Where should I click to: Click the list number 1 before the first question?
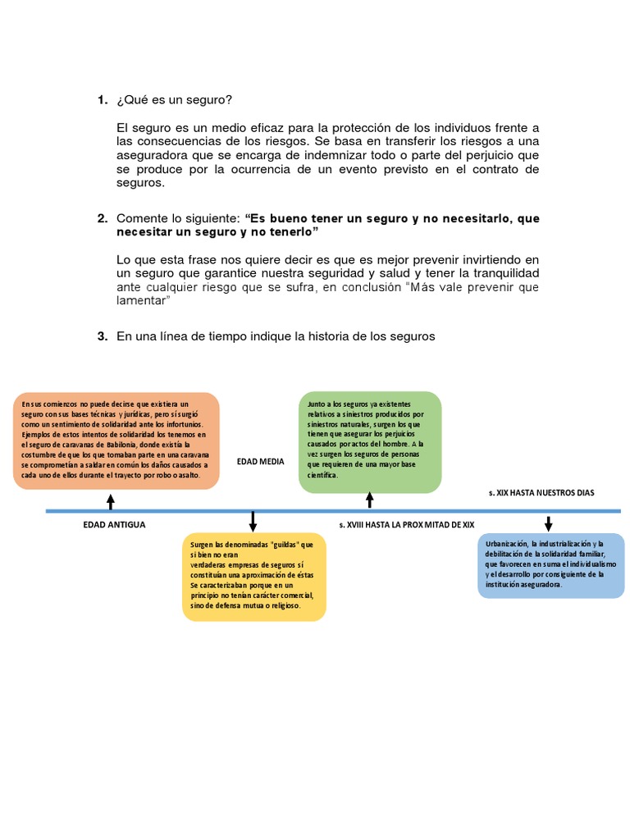pos(102,100)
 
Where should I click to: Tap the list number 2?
pos(102,219)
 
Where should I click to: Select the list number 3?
pos(102,336)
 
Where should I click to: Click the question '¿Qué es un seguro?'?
pos(175,100)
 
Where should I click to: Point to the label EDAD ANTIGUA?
pos(114,524)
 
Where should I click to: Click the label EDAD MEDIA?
pos(260,462)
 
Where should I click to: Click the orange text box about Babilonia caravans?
pos(116,440)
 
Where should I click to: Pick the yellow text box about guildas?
pos(253,577)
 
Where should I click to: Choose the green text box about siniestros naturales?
pos(369,441)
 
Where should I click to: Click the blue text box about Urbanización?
pos(550,565)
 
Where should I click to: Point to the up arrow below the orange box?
pos(111,502)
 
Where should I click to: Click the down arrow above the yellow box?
pos(253,521)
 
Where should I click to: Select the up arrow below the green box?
pos(370,500)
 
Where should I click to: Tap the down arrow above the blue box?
pos(549,523)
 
